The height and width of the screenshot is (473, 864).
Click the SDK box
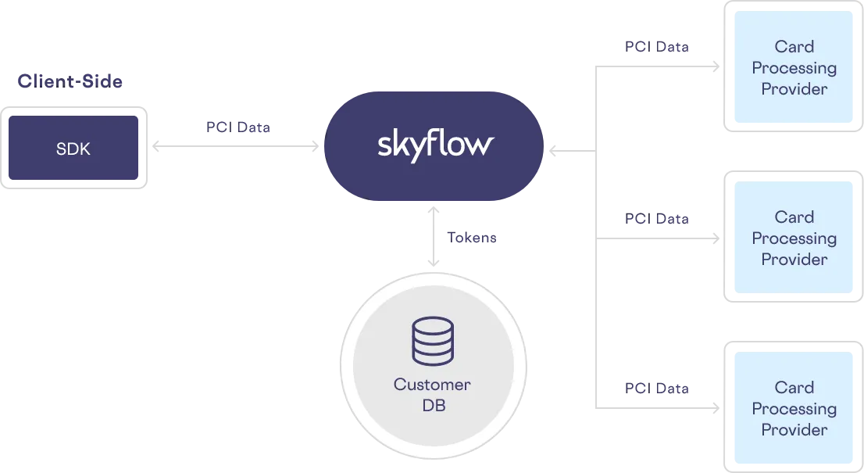73,149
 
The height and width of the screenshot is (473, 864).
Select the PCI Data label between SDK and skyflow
241,127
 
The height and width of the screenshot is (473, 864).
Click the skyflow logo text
435,145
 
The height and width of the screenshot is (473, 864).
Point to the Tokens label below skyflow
470,238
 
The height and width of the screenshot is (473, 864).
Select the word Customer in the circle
432,385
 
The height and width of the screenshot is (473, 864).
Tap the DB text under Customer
432,407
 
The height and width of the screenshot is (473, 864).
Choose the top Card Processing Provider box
794,68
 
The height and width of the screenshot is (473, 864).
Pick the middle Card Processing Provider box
794,238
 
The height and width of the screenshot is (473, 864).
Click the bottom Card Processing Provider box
794,409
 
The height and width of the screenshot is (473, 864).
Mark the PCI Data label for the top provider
658,48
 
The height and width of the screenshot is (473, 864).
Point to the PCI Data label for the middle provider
658,219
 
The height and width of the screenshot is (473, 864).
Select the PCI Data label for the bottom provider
658,388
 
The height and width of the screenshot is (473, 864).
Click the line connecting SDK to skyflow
234,145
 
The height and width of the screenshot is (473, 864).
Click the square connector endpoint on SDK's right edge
156,146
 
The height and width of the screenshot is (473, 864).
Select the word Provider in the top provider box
794,89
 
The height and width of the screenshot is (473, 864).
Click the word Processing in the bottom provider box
794,409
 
